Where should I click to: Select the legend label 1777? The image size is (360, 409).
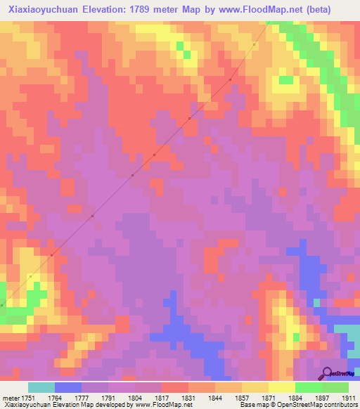pyautogui.click(x=82, y=396)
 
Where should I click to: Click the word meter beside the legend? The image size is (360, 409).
pyautogui.click(x=8, y=396)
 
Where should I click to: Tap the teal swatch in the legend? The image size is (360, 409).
pyautogui.click(x=41, y=387)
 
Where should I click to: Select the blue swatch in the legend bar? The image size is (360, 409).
pyautogui.click(x=68, y=387)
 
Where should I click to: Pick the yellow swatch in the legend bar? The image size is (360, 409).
pyautogui.click(x=282, y=387)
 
